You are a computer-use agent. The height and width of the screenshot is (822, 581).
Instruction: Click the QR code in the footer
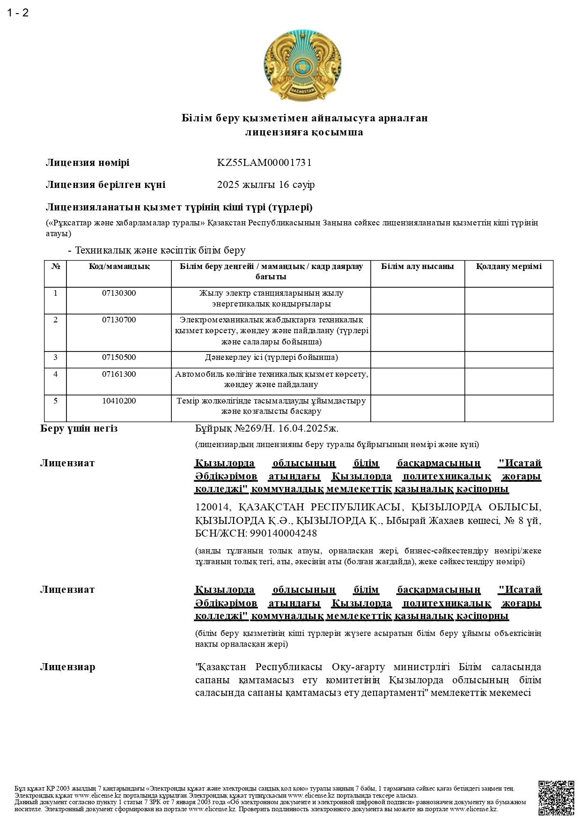click(x=556, y=798)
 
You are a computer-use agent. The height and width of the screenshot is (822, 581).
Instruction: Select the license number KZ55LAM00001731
click(x=264, y=163)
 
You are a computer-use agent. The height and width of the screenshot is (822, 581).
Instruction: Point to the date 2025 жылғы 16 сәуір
click(x=265, y=185)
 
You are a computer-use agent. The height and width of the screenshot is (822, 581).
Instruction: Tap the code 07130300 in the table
click(x=119, y=293)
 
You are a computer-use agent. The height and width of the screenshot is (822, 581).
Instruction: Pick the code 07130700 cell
click(x=119, y=320)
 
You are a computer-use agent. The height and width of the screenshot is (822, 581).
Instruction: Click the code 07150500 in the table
click(x=119, y=358)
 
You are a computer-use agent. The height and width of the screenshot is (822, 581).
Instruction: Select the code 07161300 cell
click(x=119, y=374)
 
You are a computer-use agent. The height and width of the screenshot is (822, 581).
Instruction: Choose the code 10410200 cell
click(x=119, y=401)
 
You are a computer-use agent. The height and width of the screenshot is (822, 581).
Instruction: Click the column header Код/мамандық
click(x=119, y=267)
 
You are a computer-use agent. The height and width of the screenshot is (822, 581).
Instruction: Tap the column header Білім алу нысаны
click(x=417, y=267)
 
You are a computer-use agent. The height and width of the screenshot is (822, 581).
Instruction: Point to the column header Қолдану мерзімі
click(x=508, y=267)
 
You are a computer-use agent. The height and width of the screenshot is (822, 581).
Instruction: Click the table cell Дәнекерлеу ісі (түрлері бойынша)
click(x=271, y=358)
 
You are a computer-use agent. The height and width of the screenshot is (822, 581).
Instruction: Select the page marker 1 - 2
click(x=18, y=13)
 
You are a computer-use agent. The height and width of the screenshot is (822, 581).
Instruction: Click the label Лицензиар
click(x=67, y=667)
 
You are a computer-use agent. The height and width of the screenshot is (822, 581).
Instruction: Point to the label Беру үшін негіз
click(x=79, y=429)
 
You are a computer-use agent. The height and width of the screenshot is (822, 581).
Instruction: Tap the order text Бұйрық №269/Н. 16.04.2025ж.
click(x=266, y=429)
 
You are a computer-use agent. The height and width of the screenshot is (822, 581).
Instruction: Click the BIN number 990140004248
click(x=283, y=533)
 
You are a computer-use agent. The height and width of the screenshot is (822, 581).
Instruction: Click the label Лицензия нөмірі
click(x=88, y=163)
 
